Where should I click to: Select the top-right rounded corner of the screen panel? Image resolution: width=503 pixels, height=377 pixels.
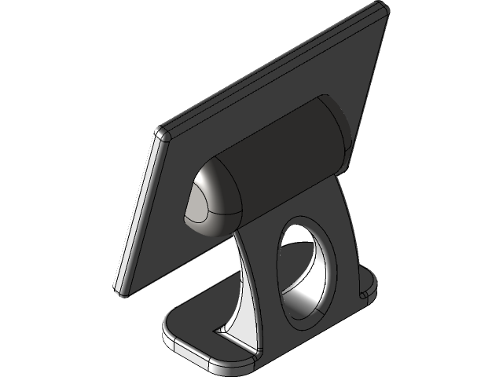380,11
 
